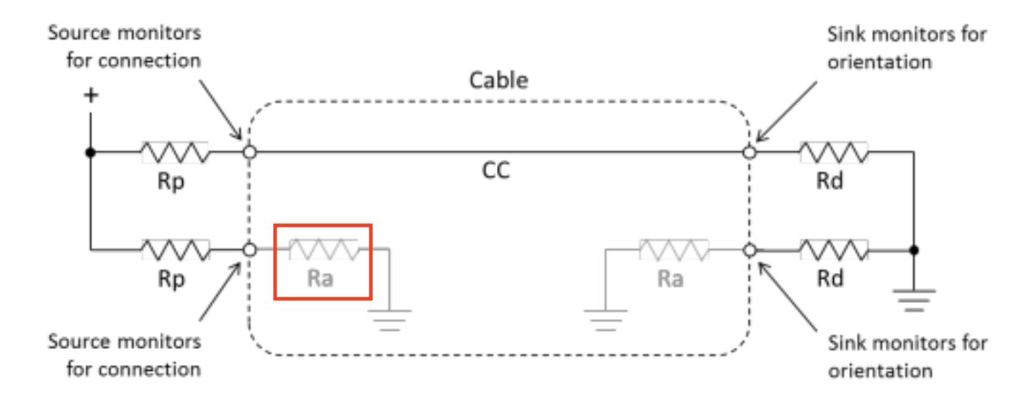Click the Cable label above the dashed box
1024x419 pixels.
tap(498, 80)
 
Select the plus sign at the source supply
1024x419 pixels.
tap(91, 96)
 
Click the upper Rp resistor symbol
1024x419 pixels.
tap(174, 152)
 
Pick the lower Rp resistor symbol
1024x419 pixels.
tap(175, 250)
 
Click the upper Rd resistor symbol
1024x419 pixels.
tap(833, 152)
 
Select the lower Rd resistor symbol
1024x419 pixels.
tap(833, 250)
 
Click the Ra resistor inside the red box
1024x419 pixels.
tap(323, 250)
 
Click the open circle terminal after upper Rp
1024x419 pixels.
tap(249, 152)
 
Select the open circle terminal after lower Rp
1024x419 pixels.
tap(249, 250)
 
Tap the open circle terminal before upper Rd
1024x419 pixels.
tap(750, 152)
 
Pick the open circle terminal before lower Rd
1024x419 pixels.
tap(750, 250)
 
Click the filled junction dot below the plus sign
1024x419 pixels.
tap(91, 152)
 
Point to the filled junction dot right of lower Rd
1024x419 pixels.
tap(914, 250)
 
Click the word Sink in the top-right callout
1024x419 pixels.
tap(845, 34)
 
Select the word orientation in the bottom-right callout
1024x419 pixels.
tap(879, 371)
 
